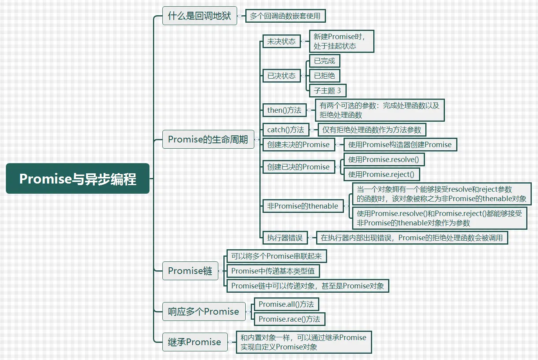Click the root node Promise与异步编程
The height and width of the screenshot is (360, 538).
click(x=77, y=178)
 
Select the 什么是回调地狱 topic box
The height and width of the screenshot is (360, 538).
click(x=200, y=16)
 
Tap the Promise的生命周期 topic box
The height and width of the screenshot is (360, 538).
click(x=208, y=139)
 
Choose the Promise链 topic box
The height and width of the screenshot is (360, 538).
click(x=190, y=271)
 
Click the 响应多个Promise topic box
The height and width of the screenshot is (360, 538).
click(x=204, y=311)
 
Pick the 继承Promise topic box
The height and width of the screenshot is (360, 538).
click(x=194, y=342)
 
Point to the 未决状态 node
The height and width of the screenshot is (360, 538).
click(x=281, y=41)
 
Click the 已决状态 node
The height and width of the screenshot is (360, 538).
click(x=281, y=76)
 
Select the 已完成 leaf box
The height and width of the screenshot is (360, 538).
click(x=324, y=61)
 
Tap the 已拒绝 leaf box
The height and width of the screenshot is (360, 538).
click(x=324, y=76)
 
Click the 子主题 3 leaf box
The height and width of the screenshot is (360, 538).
click(x=327, y=91)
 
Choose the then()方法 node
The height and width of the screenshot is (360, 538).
click(x=284, y=110)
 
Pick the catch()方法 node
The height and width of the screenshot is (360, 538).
click(x=286, y=130)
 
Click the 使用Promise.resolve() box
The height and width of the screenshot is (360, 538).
click(x=383, y=160)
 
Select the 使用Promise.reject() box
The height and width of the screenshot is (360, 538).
click(x=381, y=175)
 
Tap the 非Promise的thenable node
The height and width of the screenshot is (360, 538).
click(x=302, y=206)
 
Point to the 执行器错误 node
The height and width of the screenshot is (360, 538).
click(x=285, y=238)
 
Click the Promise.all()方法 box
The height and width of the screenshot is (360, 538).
click(x=286, y=304)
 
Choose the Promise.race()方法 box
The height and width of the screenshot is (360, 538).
click(x=290, y=319)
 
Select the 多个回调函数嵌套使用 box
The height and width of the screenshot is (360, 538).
click(x=285, y=16)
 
